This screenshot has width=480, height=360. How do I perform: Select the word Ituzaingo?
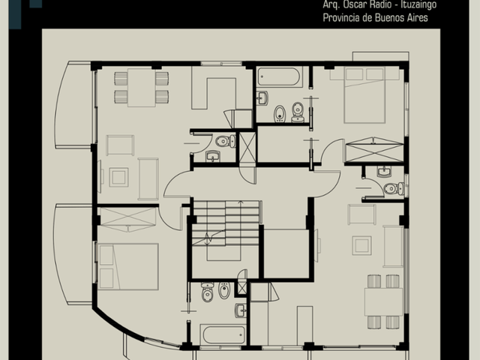pos(418,5)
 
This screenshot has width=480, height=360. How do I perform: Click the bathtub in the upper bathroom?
pos(278,76)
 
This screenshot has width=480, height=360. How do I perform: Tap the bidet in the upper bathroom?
pos(279,113)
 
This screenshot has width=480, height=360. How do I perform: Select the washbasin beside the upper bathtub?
pos(262,98)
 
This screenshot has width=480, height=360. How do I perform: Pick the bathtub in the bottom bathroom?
pos(224,334)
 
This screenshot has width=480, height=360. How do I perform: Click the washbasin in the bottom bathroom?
pos(241,310)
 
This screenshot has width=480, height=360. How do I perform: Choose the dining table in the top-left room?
pos(142,88)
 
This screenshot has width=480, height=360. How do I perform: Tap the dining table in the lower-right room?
pos(383,301)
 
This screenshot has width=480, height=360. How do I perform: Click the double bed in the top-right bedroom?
pos(364,95)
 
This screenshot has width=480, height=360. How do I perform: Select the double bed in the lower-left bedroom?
pos(128,267)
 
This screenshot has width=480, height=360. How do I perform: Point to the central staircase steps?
pos(226,223)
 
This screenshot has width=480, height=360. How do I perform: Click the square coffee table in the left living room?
pos(118,177)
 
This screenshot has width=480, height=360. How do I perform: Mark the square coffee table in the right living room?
pos(361,245)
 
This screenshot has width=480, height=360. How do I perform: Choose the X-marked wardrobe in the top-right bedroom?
pos(374,150)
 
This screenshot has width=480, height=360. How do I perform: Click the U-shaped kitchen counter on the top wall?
pos(214,88)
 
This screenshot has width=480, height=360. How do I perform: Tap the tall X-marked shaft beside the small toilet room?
pos(247,147)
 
